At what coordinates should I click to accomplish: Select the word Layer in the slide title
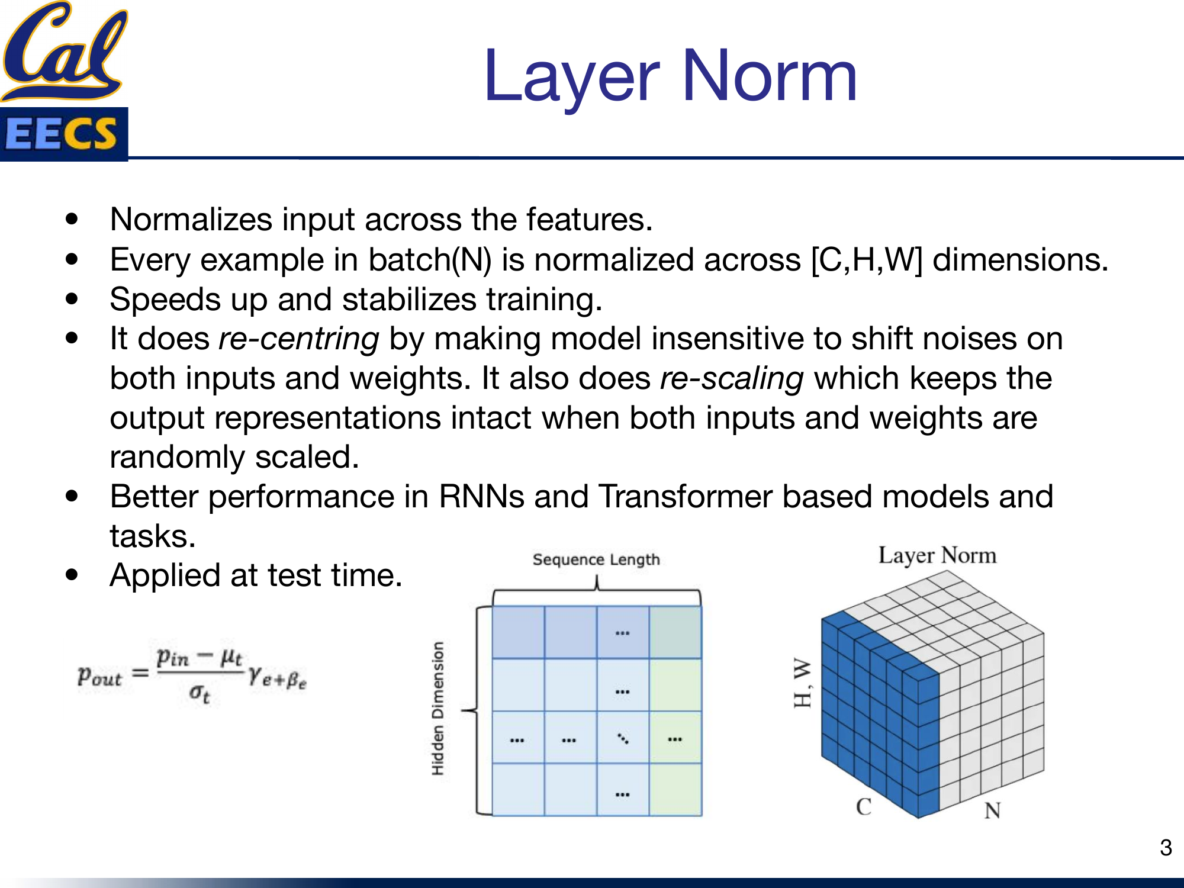571,77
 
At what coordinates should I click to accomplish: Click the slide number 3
1166,847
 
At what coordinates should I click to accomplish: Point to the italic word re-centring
298,339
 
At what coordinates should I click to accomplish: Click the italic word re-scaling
732,378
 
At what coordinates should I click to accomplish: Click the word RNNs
481,496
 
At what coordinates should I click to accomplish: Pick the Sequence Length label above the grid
596,559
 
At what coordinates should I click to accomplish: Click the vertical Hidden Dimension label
437,708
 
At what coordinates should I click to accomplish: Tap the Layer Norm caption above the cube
937,555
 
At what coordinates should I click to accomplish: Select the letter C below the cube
864,806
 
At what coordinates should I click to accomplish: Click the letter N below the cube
992,810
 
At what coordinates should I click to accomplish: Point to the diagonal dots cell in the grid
623,738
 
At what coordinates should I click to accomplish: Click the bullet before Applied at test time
72,575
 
